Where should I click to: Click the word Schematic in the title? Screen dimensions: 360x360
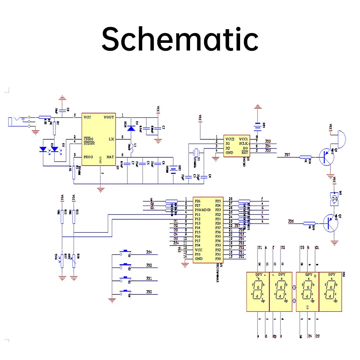coord(180,39)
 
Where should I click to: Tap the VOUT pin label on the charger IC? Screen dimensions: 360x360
coord(109,117)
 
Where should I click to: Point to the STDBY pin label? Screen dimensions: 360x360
coord(90,143)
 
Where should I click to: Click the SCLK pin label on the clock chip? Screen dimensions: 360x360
coord(243,143)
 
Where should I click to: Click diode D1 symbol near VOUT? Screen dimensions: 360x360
coord(131,127)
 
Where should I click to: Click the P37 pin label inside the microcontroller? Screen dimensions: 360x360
coord(218,228)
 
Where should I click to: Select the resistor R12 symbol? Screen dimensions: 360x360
coord(62,216)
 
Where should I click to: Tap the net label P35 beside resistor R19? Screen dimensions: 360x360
coord(291,221)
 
